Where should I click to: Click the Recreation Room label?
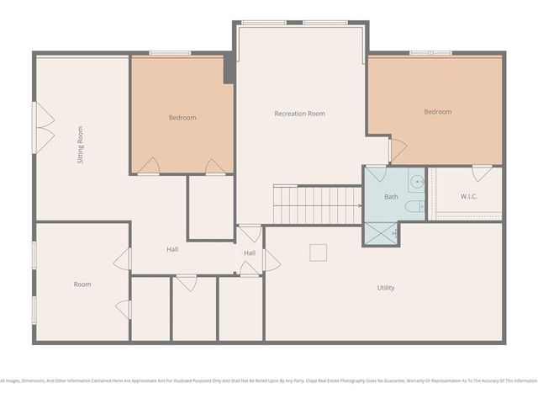[299, 114]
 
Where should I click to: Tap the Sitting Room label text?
[81, 145]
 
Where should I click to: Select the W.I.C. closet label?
[469, 197]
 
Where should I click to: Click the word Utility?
[385, 288]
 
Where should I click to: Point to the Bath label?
[392, 197]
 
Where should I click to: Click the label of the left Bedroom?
[182, 118]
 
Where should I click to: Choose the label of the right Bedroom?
[437, 112]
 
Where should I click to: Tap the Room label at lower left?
[82, 284]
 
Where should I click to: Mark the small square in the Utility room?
[318, 252]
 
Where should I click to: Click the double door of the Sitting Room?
[38, 126]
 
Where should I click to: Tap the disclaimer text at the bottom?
[269, 381]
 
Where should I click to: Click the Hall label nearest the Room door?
[171, 249]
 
